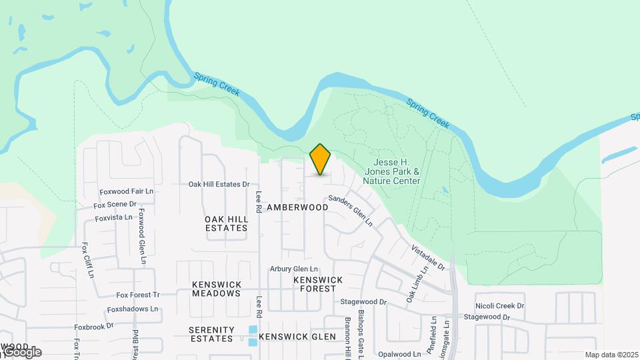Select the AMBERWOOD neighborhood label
coord(297,207)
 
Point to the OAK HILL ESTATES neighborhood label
coord(226,223)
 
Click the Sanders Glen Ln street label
coord(349,211)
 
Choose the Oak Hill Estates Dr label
coord(219,184)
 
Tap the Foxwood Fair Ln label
coord(126,192)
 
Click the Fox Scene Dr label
coord(115,204)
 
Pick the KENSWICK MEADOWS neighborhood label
coord(216,289)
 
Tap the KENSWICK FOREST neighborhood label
coord(318,284)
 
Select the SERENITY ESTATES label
coord(211,334)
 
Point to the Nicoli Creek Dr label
coord(499,306)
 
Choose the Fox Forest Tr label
coord(138,295)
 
